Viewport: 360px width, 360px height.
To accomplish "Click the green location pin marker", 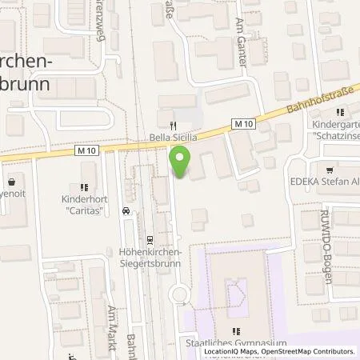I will (182, 162).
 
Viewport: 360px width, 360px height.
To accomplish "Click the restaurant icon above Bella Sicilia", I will (173, 126).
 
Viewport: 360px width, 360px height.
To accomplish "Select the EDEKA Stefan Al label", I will (330, 182).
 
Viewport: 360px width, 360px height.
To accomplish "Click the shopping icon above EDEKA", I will (330, 170).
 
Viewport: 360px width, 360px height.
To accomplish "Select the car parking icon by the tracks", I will (126, 211).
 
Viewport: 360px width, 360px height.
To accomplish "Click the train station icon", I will (149, 239).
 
